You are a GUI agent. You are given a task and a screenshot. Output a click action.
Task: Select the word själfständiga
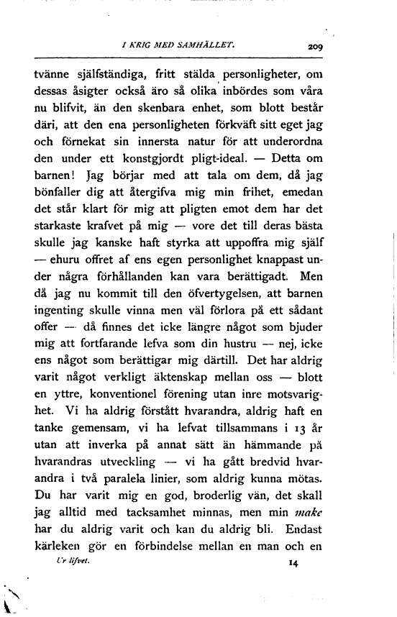click(x=106, y=73)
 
